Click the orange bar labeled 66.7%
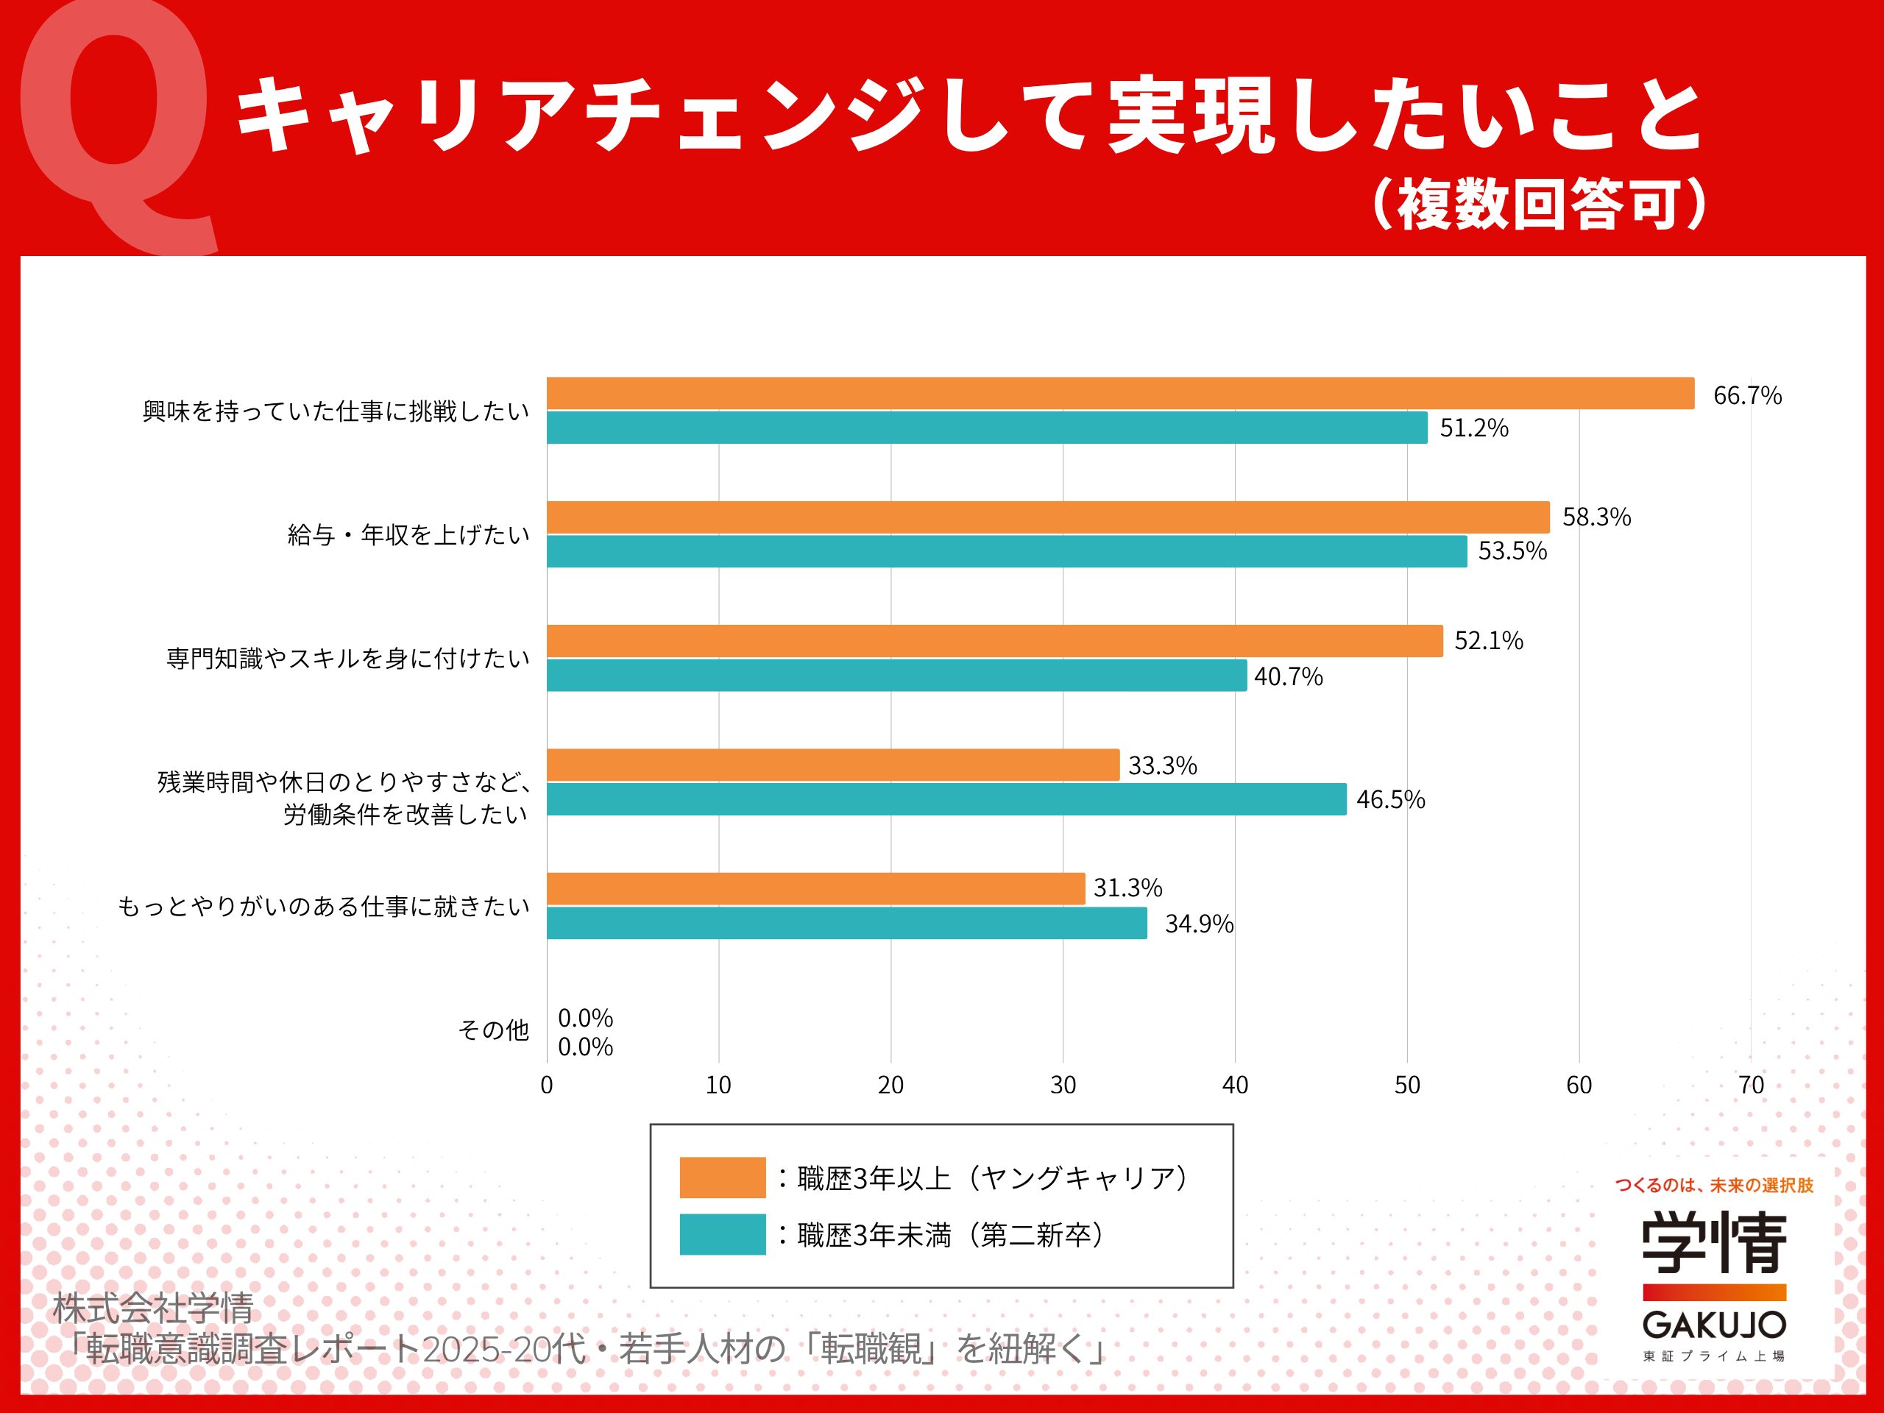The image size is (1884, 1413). pyautogui.click(x=1120, y=394)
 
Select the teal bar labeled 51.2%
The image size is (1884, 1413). pyautogui.click(x=986, y=428)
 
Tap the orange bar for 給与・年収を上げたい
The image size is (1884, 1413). pyautogui.click(x=1048, y=517)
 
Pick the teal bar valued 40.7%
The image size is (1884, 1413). pyautogui.click(x=896, y=676)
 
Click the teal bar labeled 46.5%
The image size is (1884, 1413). pyautogui.click(x=946, y=799)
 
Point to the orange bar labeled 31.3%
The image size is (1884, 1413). pyautogui.click(x=815, y=888)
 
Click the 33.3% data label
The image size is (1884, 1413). pyautogui.click(x=1162, y=765)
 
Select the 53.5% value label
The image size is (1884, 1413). pyautogui.click(x=1512, y=551)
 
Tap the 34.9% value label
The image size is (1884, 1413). pyautogui.click(x=1198, y=924)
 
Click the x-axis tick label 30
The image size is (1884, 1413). pyautogui.click(x=1062, y=1085)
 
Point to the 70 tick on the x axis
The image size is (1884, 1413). pyautogui.click(x=1750, y=1085)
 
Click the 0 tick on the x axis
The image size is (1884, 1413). pyautogui.click(x=547, y=1085)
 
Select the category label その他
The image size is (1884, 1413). pyautogui.click(x=493, y=1030)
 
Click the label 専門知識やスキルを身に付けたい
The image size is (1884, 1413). pyautogui.click(x=347, y=659)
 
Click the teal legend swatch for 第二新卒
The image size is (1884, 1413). pyautogui.click(x=722, y=1234)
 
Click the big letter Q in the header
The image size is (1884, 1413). pyautogui.click(x=115, y=128)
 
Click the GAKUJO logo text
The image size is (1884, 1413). pyautogui.click(x=1714, y=1325)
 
